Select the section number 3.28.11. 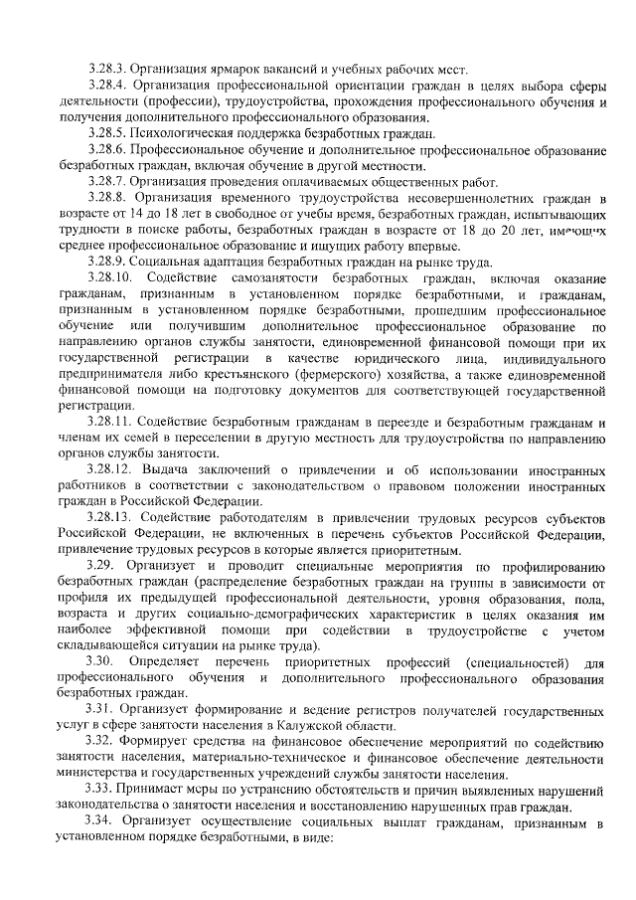[112, 421]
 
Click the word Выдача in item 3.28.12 [168, 468]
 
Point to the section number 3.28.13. [112, 517]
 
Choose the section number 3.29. [102, 565]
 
